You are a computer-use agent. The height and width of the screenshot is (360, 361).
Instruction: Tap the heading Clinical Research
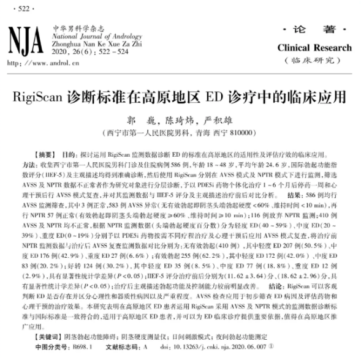pyautogui.click(x=314, y=48)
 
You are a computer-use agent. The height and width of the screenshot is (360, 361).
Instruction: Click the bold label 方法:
pyautogui.click(x=29, y=165)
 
